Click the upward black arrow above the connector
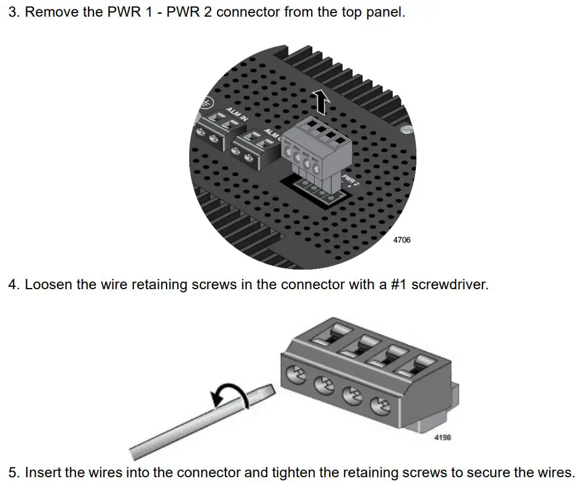[x=322, y=102]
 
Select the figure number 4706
[x=402, y=240]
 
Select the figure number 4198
[x=443, y=437]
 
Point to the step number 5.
[x=13, y=472]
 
